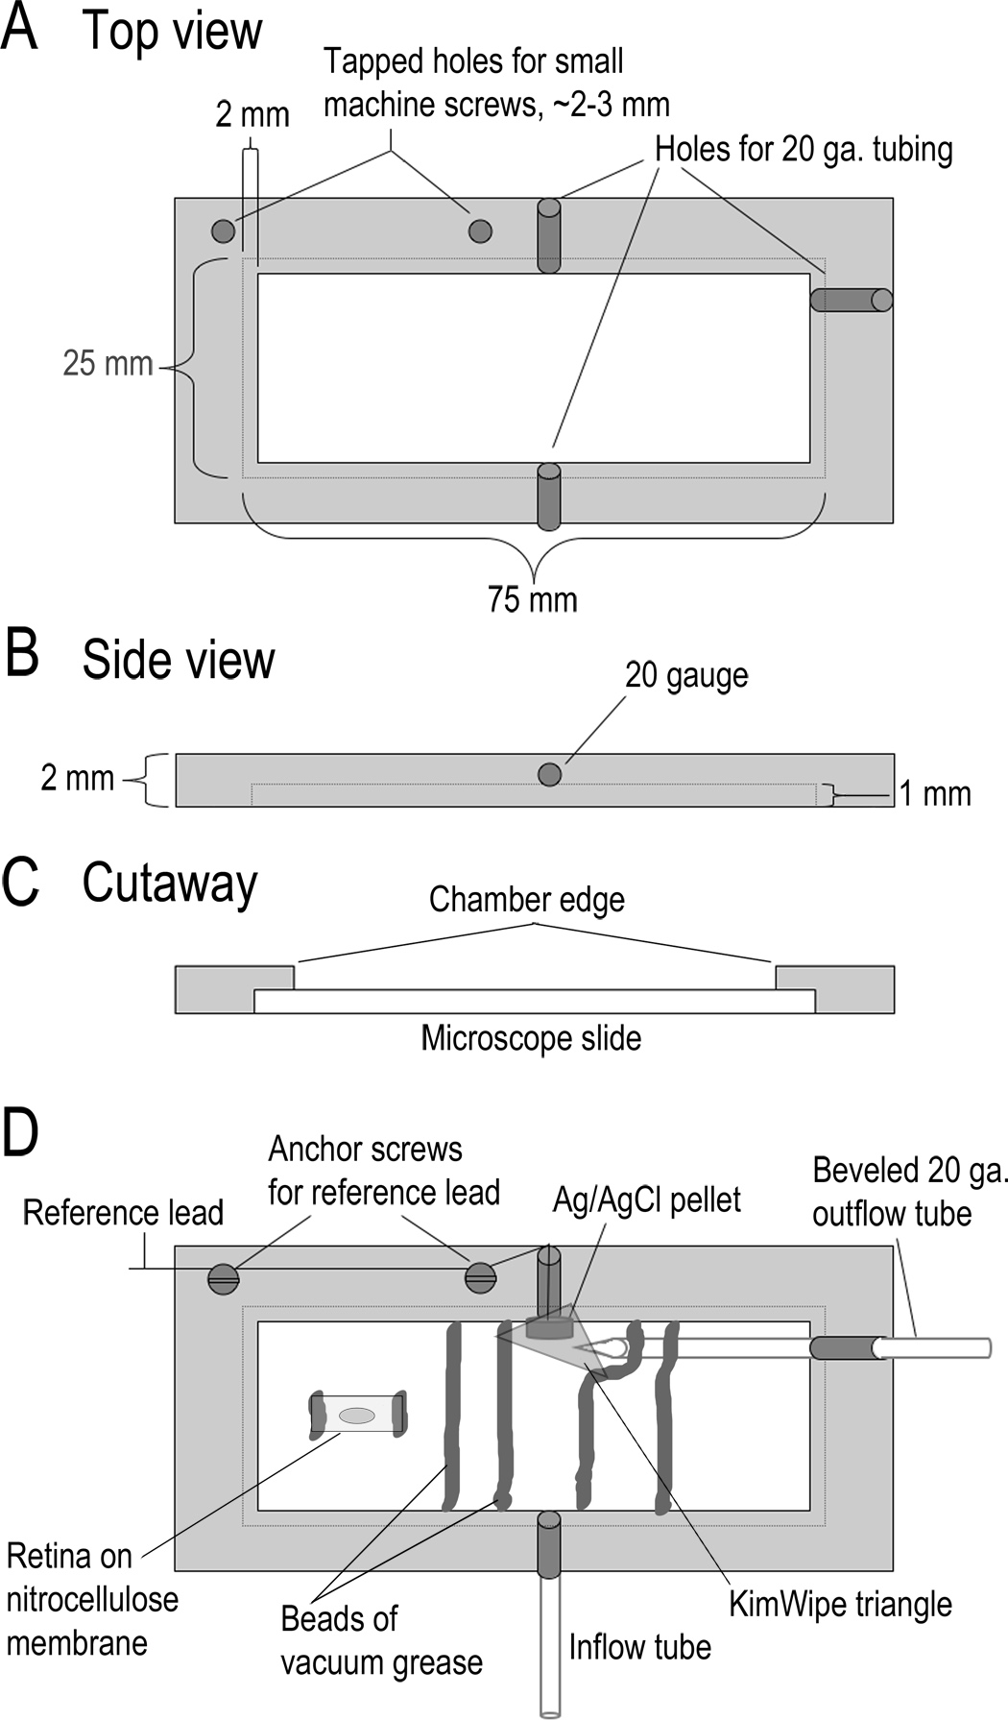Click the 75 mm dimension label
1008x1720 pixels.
click(x=533, y=600)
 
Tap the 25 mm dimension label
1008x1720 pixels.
click(x=108, y=363)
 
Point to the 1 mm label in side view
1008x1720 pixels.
click(x=935, y=794)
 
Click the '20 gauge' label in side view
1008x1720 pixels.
click(x=686, y=676)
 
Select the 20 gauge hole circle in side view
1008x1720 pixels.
click(x=549, y=774)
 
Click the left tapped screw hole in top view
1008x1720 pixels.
click(x=223, y=230)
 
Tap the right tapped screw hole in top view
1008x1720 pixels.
click(x=480, y=230)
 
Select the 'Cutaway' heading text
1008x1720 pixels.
click(x=170, y=883)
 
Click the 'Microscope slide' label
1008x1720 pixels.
click(x=531, y=1038)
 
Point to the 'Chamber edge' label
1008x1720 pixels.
click(x=527, y=900)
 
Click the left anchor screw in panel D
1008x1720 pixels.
click(x=224, y=1277)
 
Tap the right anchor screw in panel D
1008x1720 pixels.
click(x=480, y=1276)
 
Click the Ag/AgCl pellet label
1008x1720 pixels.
click(x=647, y=1199)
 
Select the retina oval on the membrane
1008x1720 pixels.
click(x=357, y=1415)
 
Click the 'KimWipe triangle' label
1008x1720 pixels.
click(x=841, y=1604)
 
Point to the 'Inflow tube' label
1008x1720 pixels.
click(x=640, y=1647)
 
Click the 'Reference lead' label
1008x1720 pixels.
click(x=123, y=1213)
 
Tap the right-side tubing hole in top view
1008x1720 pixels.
click(x=852, y=300)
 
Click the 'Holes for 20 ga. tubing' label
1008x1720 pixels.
click(x=804, y=150)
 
